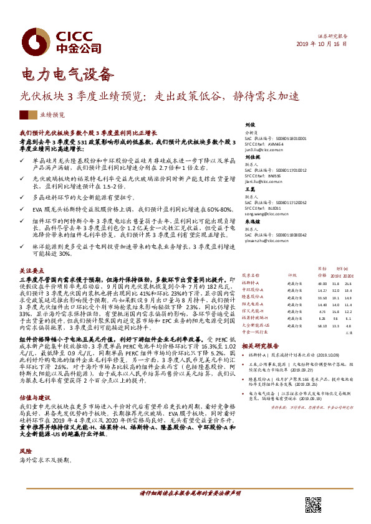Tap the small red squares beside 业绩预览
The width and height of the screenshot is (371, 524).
[x=28, y=115]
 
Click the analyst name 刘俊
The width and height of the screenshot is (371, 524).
[x=249, y=124]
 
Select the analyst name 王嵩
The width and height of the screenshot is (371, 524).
[x=249, y=188]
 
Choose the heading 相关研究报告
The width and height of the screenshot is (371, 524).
[x=259, y=345]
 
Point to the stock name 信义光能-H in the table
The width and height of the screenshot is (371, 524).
[x=253, y=311]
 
